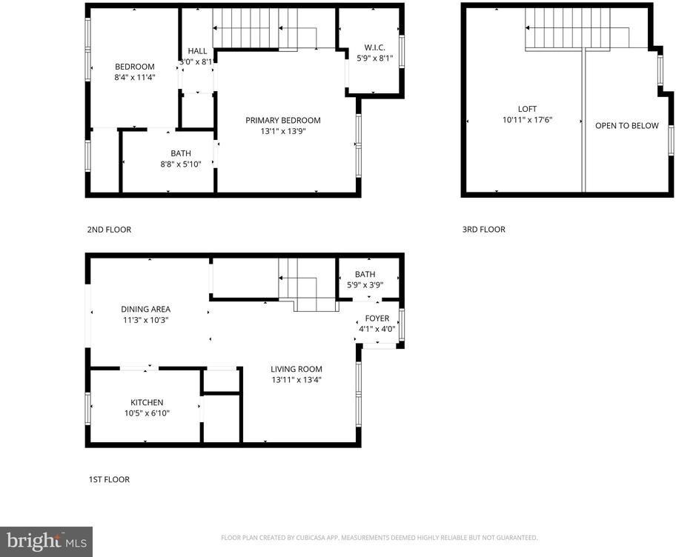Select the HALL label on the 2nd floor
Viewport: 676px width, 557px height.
click(197, 51)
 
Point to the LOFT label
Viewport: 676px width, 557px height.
click(527, 108)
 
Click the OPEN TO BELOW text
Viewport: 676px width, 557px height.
click(626, 126)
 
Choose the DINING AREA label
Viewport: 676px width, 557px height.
click(146, 310)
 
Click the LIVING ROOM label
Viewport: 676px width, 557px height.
click(296, 369)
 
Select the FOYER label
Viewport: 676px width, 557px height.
click(377, 318)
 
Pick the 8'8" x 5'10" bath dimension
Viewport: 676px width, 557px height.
click(180, 164)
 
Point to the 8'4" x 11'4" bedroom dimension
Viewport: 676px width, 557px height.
click(134, 77)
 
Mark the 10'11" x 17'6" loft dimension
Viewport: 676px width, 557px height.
click(527, 120)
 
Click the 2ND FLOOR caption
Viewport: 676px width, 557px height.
click(109, 230)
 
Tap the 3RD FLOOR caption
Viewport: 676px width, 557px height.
click(483, 230)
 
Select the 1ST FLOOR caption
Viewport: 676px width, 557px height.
click(108, 480)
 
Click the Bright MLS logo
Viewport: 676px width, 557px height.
click(46, 541)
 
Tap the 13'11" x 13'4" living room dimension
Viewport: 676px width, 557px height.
click(296, 380)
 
